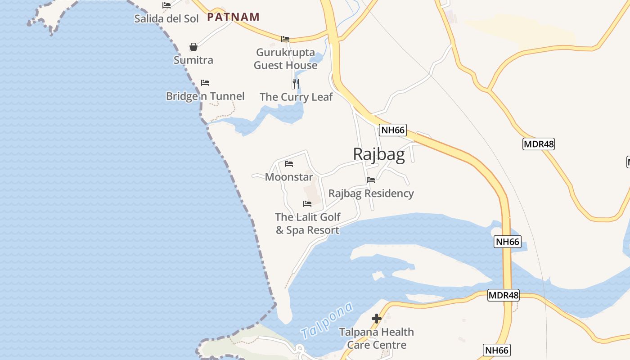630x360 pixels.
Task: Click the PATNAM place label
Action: coord(233,17)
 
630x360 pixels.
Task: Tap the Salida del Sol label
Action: coord(166,18)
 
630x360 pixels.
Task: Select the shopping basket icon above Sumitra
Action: coord(193,47)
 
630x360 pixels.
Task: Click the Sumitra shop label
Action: coord(193,60)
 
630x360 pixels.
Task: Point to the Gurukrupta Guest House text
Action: coord(285,58)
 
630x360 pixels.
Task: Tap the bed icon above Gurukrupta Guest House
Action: coord(285,39)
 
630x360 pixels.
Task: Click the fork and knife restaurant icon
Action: coord(296,83)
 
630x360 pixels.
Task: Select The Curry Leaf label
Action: coord(296,97)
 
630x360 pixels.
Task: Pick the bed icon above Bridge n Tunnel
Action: coord(205,83)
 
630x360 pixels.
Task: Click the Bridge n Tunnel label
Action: coord(205,96)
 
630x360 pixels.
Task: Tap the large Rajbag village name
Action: coord(379,154)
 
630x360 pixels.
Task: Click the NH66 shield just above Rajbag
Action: coord(393,130)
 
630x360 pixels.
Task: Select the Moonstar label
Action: coord(289,177)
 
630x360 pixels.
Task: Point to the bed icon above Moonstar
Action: coord(289,164)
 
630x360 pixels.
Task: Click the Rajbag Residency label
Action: coord(371,193)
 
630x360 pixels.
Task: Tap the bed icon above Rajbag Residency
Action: coord(371,180)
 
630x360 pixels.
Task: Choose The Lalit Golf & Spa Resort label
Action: coord(308,224)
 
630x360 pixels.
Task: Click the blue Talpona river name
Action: coord(327,321)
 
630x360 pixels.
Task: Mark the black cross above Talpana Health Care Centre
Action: coord(377,319)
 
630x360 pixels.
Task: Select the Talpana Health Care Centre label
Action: coord(377,338)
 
